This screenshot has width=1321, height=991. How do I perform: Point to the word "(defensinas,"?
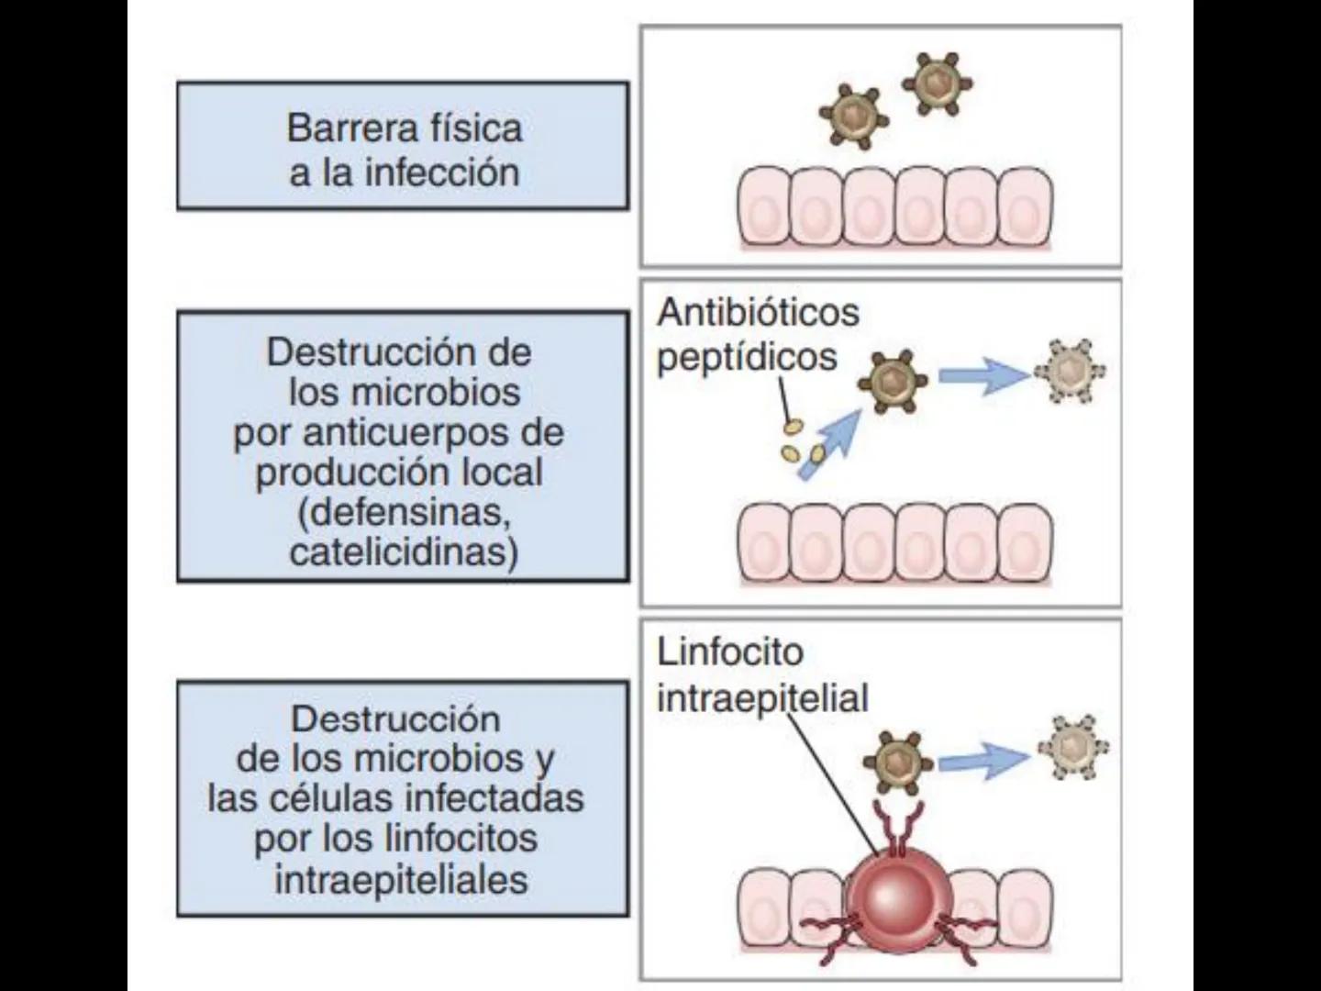(x=404, y=512)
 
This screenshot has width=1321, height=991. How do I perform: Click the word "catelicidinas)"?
(x=404, y=552)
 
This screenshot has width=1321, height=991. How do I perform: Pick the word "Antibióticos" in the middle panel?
(x=758, y=313)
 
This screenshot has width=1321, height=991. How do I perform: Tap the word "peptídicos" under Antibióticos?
(x=747, y=357)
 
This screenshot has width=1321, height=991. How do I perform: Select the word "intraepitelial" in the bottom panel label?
(x=762, y=698)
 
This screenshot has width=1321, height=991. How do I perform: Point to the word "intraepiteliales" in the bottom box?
(x=401, y=879)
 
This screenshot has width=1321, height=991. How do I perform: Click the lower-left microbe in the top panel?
(x=853, y=117)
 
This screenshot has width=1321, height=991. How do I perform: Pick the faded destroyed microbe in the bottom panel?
(x=1073, y=748)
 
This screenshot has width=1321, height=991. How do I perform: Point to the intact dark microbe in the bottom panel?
(x=894, y=761)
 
